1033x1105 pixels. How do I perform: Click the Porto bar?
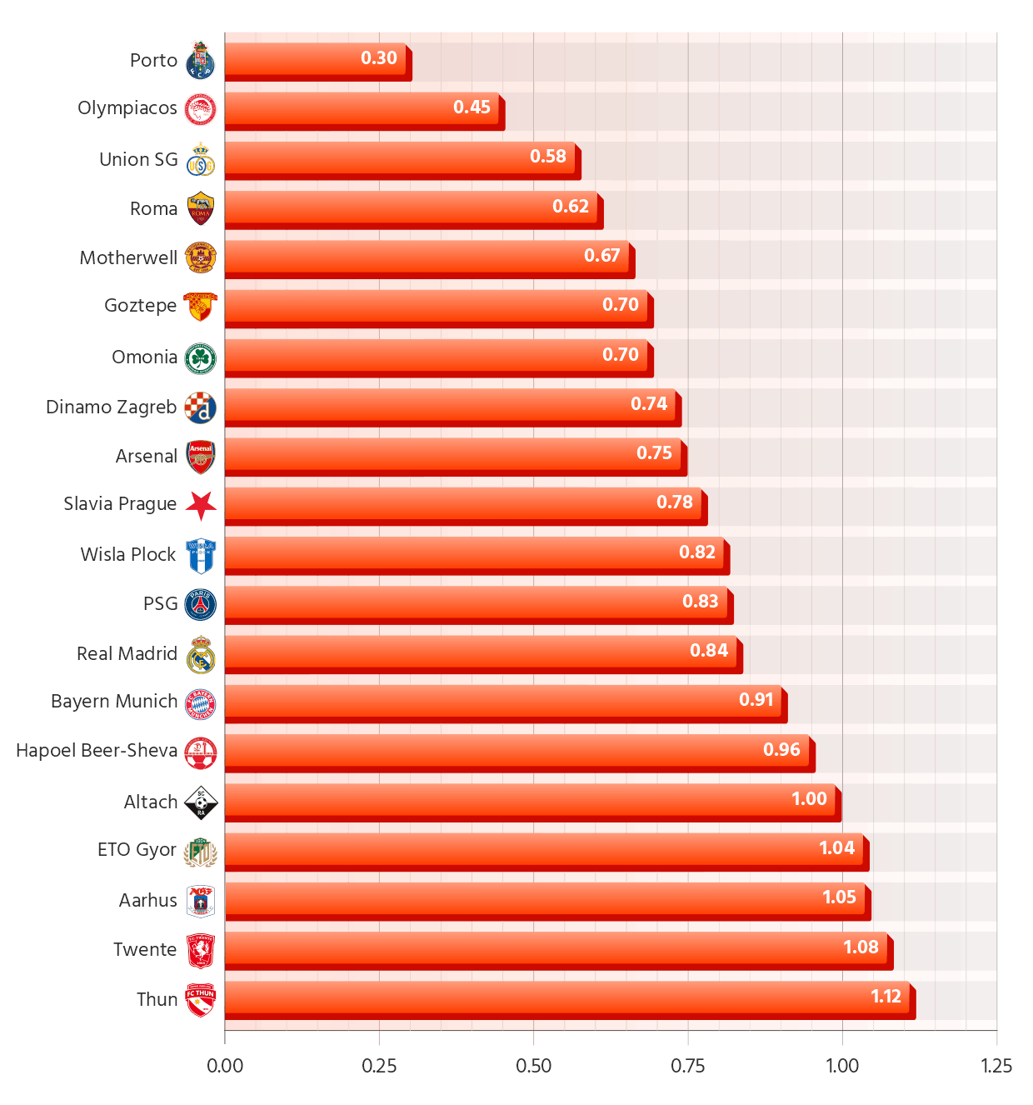coord(315,58)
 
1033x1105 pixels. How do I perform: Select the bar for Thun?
coord(566,997)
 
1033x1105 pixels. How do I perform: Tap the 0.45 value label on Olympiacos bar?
coord(472,107)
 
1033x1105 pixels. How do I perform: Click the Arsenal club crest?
coord(201,457)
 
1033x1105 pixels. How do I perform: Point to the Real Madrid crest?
coord(201,654)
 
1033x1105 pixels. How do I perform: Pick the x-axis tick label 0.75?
coord(687,1066)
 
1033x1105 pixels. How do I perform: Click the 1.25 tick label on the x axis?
coord(996,1066)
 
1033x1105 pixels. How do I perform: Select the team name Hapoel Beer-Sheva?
coord(97,751)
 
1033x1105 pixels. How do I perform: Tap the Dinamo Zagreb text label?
coord(111,407)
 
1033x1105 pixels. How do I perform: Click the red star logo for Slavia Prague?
coord(201,505)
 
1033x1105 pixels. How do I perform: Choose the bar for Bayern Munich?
coord(502,700)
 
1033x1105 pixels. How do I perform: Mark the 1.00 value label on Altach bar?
coord(809,799)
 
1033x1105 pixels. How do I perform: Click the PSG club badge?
coord(201,604)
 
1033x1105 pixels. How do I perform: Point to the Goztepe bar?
coord(436,305)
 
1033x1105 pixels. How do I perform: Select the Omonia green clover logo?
coord(201,358)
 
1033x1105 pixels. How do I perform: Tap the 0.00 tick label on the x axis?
coord(225,1066)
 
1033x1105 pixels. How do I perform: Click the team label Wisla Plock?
coord(128,555)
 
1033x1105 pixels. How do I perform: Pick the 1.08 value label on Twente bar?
coord(861,947)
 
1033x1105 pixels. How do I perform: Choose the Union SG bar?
coord(399,157)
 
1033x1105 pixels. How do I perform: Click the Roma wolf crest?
coord(201,209)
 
